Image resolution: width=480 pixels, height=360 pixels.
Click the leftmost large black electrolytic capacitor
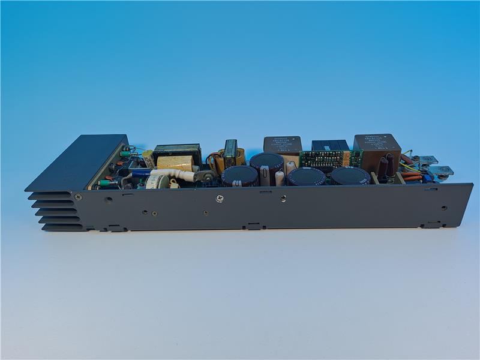[x=240, y=176]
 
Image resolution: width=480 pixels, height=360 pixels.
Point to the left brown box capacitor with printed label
[x=283, y=145]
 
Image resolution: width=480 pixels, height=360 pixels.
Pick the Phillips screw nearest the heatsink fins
[x=78, y=196]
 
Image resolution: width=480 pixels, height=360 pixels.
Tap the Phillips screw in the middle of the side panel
[x=221, y=198]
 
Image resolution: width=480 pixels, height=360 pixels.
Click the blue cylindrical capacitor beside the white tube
[x=140, y=173]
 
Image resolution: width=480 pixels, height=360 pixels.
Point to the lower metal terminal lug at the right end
[x=443, y=171]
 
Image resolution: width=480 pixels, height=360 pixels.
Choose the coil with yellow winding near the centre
[x=230, y=155]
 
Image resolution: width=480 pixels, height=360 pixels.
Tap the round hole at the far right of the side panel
[x=444, y=208]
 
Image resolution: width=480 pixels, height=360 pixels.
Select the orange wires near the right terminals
[x=412, y=177]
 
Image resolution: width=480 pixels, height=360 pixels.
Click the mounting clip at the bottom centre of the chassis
[x=254, y=227]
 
